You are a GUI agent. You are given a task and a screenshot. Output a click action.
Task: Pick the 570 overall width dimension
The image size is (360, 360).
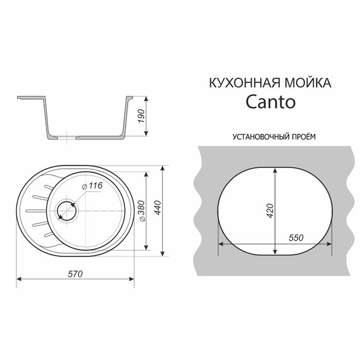click(x=75, y=272)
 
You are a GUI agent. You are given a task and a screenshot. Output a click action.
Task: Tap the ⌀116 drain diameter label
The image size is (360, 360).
click(x=93, y=185)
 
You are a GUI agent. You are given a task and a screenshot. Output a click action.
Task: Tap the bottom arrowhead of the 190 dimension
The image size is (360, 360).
click(x=147, y=133)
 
